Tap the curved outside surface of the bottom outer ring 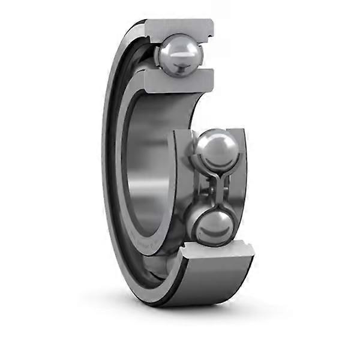tap(204, 282)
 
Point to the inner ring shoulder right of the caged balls tap(241, 180)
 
